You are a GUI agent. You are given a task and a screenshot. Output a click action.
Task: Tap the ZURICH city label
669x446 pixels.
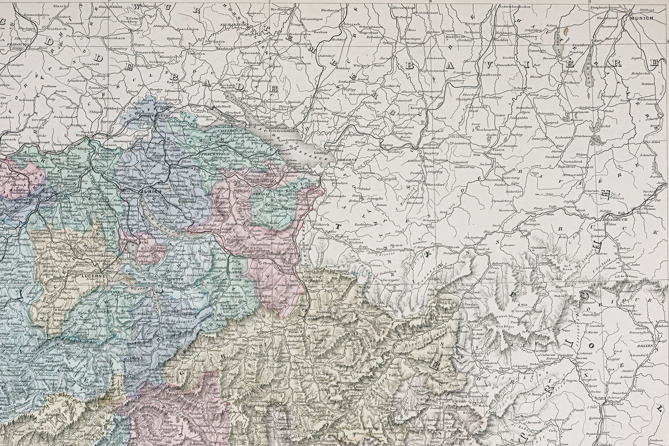(146, 191)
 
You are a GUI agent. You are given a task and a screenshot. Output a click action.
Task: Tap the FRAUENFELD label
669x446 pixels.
(212, 155)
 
